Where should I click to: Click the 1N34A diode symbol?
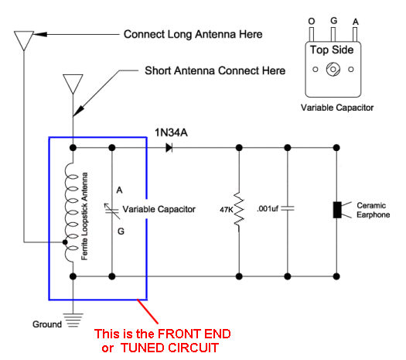click(169, 148)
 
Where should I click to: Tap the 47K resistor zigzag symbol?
click(239, 209)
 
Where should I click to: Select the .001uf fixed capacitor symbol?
click(288, 208)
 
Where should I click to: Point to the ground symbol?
click(73, 320)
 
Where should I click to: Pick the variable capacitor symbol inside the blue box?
click(112, 211)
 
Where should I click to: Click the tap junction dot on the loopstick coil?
click(65, 242)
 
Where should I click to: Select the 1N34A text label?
click(171, 132)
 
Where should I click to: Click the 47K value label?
click(226, 209)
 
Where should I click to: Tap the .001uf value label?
click(268, 208)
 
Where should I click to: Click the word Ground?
click(47, 324)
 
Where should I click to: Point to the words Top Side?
click(332, 50)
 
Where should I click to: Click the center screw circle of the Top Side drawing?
click(333, 69)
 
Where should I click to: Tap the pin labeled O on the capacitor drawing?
click(312, 35)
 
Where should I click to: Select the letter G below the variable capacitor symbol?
click(121, 231)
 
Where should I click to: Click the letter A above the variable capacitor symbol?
click(119, 190)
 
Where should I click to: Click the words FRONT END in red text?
click(194, 334)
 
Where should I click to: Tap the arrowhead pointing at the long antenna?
click(40, 34)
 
